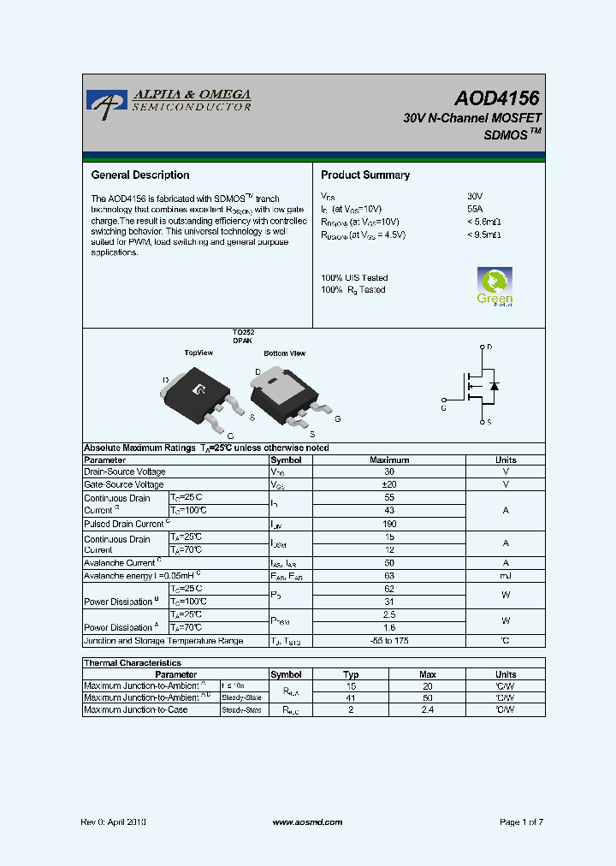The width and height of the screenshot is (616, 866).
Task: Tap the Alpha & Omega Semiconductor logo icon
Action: coord(106,104)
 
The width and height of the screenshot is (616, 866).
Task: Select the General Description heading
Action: coord(140,175)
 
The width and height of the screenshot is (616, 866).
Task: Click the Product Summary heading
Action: coord(365,175)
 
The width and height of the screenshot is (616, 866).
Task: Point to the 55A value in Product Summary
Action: coord(475,209)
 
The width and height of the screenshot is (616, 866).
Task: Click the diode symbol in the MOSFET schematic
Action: coord(494,386)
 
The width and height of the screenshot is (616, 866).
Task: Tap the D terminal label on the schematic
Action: coord(489,347)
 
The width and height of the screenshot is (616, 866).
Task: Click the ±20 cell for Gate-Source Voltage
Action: coord(389,484)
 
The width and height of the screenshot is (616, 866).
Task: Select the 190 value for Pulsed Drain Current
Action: coord(389,523)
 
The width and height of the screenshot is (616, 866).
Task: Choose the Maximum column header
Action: coord(389,460)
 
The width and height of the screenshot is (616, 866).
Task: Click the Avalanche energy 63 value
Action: coord(389,575)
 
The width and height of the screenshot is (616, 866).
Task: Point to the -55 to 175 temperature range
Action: coord(389,641)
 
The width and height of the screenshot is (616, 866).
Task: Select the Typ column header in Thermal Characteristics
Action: coord(351,674)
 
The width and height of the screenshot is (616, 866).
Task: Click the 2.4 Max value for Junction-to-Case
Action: coord(428,709)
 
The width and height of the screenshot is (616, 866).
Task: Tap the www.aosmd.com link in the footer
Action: coord(307,822)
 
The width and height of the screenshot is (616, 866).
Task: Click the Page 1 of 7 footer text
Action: coord(521,822)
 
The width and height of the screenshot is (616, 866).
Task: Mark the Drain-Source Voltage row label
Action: coord(125,472)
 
